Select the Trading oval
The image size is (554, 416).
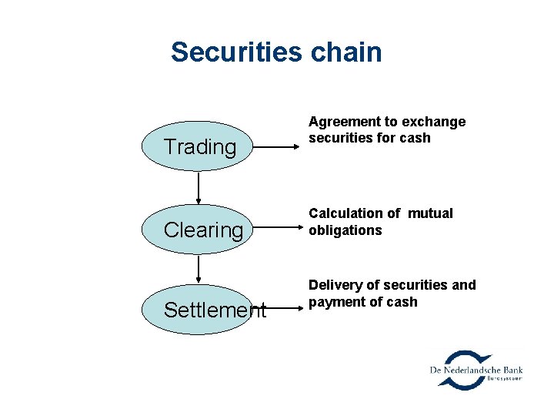pyautogui.click(x=199, y=146)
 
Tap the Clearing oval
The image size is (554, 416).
pyautogui.click(x=199, y=229)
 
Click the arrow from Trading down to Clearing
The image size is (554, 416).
pyautogui.click(x=199, y=188)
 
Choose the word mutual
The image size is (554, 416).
pyautogui.click(x=431, y=213)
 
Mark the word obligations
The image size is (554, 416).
pyautogui.click(x=345, y=230)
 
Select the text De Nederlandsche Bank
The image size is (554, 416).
pyautogui.click(x=476, y=371)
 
